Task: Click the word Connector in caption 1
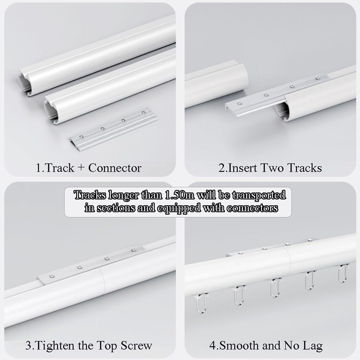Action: click(x=115, y=168)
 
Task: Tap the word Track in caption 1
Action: click(x=59, y=168)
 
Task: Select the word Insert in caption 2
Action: click(x=242, y=168)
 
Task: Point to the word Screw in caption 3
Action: click(x=136, y=346)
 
